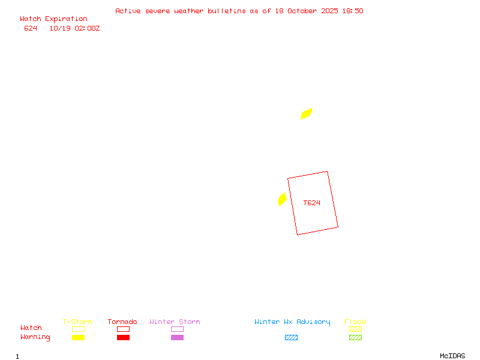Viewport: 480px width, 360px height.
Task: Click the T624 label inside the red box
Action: [x=311, y=203]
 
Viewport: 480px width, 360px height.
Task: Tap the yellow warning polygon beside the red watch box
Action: [x=282, y=199]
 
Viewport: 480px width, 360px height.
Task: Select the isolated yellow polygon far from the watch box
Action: [x=307, y=113]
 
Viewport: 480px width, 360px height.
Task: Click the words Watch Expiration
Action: [x=53, y=19]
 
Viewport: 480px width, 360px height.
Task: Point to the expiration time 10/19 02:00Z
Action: [x=74, y=28]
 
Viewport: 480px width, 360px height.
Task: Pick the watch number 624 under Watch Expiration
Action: [x=31, y=28]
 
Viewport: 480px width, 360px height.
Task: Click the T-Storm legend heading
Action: [x=77, y=322]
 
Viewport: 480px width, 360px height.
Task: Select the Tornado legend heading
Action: [x=122, y=322]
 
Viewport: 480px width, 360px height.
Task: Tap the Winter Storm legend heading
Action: [x=175, y=322]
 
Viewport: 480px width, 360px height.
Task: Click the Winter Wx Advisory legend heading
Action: [x=292, y=322]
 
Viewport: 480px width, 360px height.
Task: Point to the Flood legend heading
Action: [x=355, y=322]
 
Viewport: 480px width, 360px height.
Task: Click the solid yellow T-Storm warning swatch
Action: [x=78, y=338]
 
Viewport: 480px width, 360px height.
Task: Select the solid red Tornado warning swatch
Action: [x=123, y=338]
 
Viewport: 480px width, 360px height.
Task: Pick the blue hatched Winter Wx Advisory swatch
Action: [x=291, y=338]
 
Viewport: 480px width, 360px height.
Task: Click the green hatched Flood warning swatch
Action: [x=355, y=338]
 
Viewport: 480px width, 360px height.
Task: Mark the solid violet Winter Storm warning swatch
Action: [x=177, y=338]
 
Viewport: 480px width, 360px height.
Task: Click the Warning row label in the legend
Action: [x=35, y=337]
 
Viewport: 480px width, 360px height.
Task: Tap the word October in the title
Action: [x=304, y=11]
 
